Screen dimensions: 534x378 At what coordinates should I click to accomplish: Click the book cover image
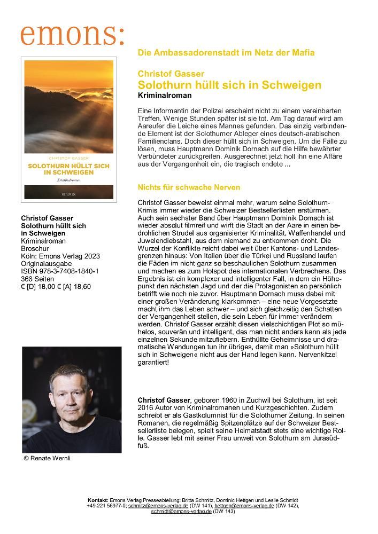67,129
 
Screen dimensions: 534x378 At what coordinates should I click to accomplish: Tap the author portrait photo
71,399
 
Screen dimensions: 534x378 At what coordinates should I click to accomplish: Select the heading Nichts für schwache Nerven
189,187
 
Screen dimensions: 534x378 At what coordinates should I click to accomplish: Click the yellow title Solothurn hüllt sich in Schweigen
229,85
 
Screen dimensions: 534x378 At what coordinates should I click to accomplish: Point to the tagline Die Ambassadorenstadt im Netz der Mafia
226,52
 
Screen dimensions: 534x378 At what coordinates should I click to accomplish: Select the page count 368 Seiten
37,279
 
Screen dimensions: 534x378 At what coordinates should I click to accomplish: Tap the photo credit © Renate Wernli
48,458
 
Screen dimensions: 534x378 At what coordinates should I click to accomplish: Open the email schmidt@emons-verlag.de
181,511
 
